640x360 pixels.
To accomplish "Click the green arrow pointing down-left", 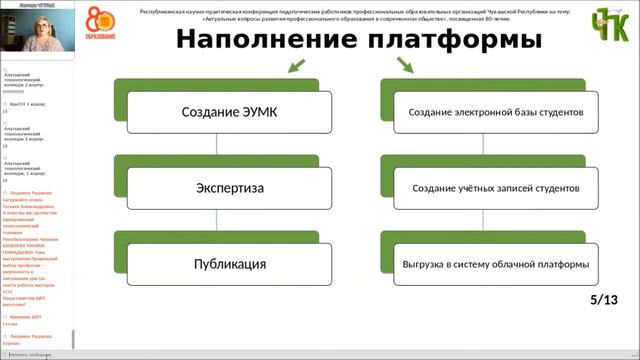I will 296,66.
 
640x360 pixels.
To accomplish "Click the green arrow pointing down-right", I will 406,66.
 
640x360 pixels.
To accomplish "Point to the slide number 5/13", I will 604,299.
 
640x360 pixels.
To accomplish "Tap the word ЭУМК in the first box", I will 254,113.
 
